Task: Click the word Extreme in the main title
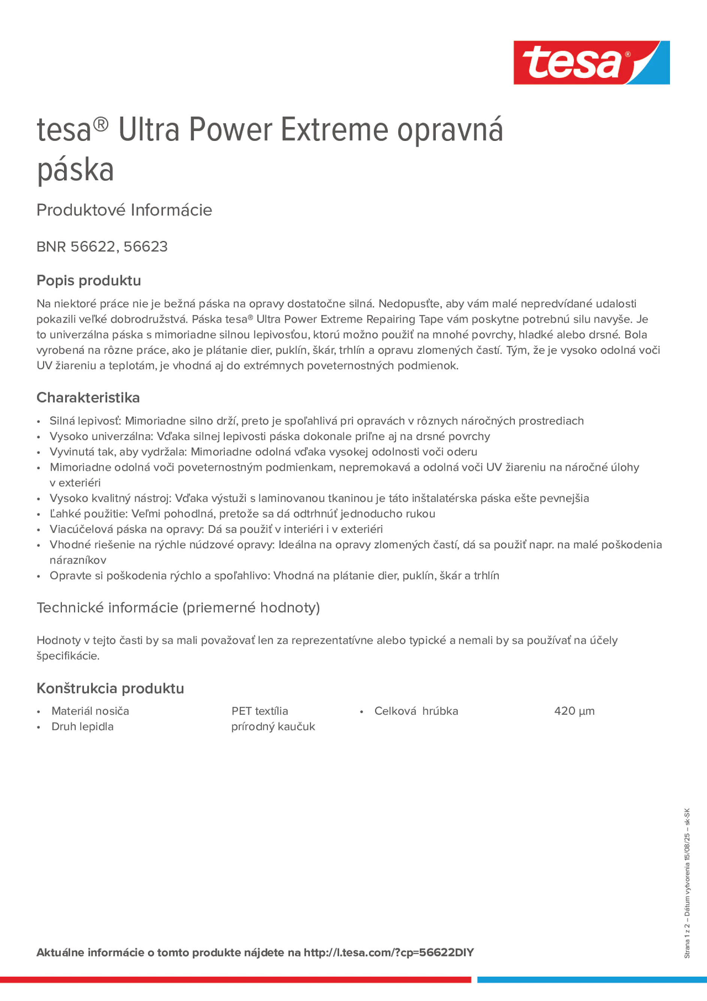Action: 334,130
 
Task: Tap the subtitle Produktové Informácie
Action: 124,210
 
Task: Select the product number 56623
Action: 146,247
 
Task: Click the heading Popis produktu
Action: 89,280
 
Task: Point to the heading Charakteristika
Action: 88,398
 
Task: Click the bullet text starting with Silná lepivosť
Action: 317,421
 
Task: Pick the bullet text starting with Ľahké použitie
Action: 242,513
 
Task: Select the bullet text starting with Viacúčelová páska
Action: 216,529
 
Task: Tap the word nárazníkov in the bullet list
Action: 78,560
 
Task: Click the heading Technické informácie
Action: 178,607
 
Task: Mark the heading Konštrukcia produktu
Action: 110,688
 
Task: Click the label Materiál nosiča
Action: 90,711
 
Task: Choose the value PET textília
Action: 260,711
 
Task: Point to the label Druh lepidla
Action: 82,726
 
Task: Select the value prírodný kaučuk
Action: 273,726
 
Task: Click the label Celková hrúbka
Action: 416,711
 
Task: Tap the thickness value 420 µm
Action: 574,711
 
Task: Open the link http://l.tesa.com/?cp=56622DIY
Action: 389,953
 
